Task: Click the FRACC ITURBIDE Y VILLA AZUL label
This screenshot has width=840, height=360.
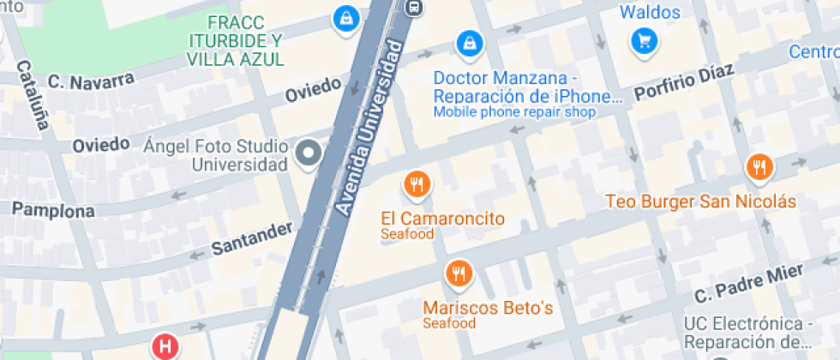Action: tap(235, 40)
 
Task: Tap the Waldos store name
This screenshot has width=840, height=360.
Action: tap(650, 12)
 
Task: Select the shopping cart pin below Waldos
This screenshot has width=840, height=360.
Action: tap(644, 39)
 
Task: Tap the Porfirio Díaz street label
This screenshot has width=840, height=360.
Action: tap(683, 84)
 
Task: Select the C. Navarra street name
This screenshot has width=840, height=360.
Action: tap(91, 81)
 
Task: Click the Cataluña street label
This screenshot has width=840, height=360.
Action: tap(33, 95)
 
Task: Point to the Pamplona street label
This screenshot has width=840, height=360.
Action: tap(53, 210)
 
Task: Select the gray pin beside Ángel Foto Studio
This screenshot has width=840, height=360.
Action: tap(308, 153)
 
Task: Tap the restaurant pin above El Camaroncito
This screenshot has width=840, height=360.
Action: tap(417, 183)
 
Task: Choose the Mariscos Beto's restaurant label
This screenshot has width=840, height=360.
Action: tap(488, 308)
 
